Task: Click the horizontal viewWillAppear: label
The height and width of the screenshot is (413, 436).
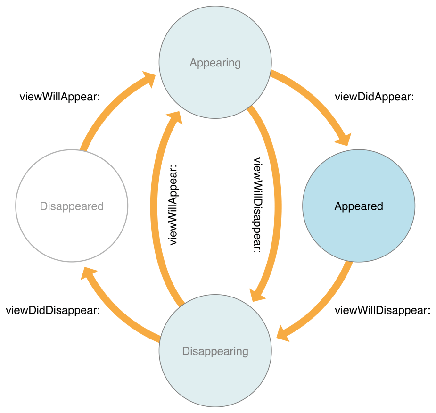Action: click(x=60, y=97)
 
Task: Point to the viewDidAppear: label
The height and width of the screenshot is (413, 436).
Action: click(x=374, y=97)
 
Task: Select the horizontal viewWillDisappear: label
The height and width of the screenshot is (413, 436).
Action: click(x=383, y=311)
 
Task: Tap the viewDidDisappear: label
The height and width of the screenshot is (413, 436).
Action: click(x=53, y=311)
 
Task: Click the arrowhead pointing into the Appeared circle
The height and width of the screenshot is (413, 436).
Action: click(x=344, y=139)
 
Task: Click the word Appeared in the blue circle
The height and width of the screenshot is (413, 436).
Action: click(x=359, y=206)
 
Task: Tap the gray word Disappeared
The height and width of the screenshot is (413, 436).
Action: click(x=72, y=206)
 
